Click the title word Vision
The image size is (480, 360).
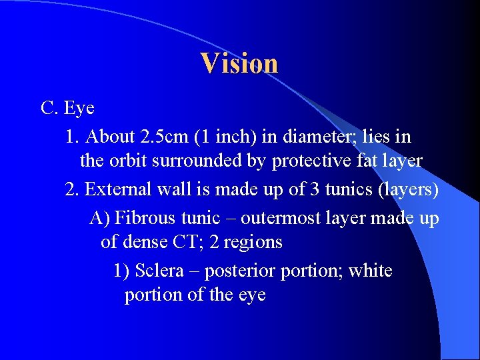pos(239,63)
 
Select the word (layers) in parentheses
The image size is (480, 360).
pos(407,190)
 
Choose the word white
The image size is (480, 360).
pos(370,271)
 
